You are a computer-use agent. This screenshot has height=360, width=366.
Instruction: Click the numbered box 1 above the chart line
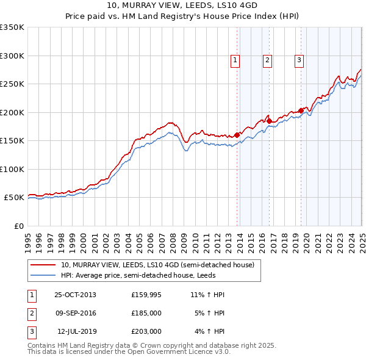point(235,60)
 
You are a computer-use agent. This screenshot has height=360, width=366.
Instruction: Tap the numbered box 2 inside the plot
point(267,60)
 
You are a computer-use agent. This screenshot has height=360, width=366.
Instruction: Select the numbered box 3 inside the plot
point(300,60)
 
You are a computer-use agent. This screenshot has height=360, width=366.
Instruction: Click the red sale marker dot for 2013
point(237,135)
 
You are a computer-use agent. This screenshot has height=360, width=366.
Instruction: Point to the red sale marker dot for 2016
point(269,121)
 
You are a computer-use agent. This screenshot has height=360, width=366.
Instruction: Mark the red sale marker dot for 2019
point(301,110)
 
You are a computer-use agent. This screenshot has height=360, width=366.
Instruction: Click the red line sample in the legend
point(43,265)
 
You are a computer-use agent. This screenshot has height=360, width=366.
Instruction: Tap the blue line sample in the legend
point(43,275)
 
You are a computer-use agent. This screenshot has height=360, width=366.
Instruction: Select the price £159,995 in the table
point(146,295)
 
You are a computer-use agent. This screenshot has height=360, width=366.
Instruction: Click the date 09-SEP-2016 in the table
point(75,313)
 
